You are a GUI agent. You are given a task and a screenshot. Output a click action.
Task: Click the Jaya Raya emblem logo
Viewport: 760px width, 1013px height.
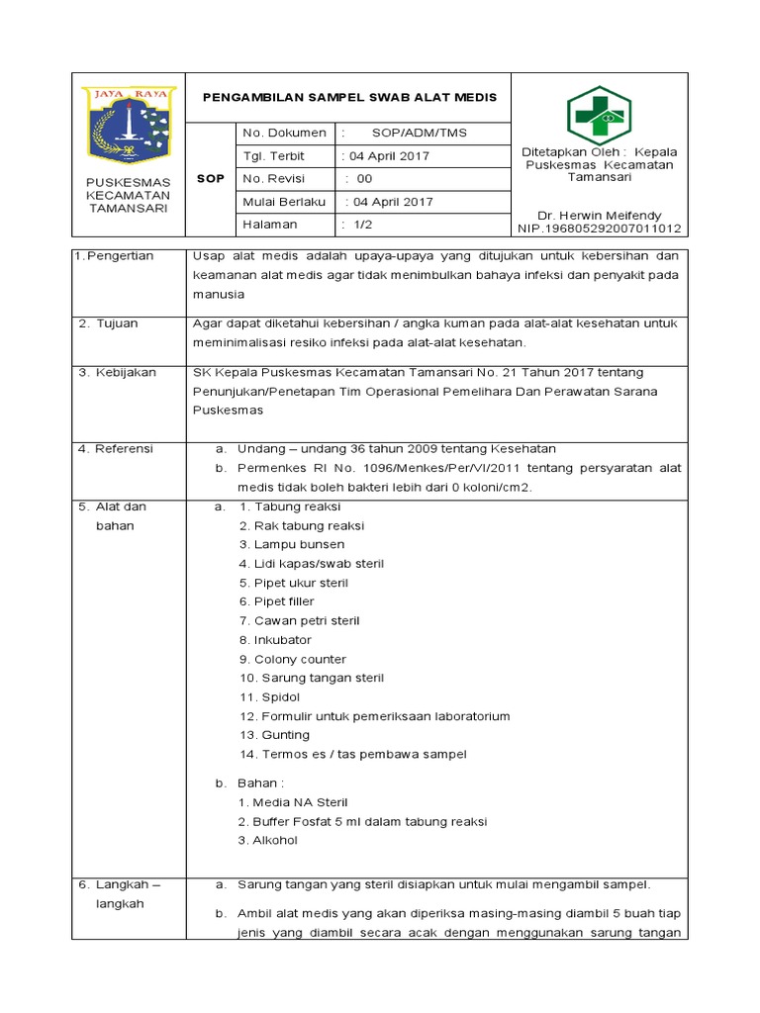[129, 125]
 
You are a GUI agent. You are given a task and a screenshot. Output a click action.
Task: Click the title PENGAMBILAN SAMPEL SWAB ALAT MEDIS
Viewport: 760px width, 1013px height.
[349, 97]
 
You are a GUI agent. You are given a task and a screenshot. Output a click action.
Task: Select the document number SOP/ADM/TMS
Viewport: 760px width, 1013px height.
[420, 133]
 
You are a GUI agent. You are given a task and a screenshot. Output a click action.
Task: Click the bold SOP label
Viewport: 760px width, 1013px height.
[211, 179]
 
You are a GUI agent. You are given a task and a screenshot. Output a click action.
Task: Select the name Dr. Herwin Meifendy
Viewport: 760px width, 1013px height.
[599, 215]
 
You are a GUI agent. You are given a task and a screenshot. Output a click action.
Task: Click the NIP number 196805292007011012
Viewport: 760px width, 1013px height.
[599, 229]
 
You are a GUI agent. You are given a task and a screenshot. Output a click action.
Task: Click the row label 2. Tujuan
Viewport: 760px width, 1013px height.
[110, 323]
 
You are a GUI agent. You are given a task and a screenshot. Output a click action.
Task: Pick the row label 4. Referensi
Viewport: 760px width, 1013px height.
[117, 448]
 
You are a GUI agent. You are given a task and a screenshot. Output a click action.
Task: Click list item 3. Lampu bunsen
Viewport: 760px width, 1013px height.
[292, 544]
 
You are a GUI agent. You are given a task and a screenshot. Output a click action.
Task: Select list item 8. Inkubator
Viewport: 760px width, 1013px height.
[275, 640]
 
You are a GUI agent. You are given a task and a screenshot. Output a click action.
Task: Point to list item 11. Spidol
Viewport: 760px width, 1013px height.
[269, 696]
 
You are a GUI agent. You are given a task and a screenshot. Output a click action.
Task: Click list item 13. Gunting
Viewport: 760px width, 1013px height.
[274, 735]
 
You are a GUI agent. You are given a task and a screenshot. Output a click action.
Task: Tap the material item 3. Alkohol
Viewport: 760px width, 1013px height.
[268, 840]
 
